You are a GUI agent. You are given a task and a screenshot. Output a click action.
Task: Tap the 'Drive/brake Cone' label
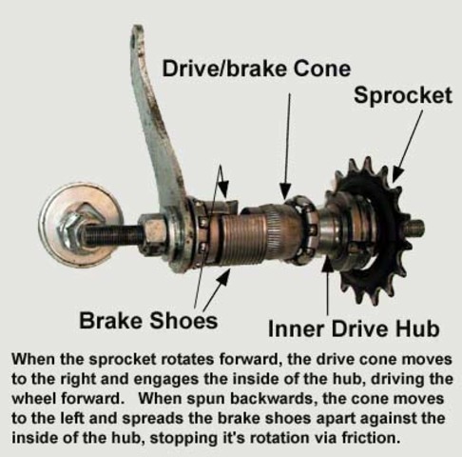[256, 69]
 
